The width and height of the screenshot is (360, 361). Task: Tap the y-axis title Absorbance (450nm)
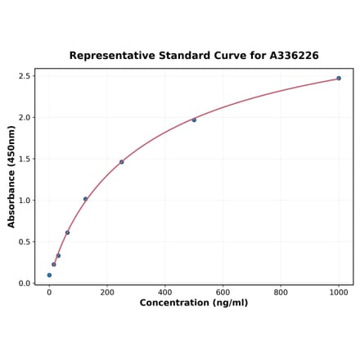(x=11, y=176)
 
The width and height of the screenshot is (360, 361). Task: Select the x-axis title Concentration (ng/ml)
(x=194, y=303)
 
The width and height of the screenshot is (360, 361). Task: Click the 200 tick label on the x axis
(x=107, y=291)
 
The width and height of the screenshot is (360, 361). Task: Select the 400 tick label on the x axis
(x=165, y=291)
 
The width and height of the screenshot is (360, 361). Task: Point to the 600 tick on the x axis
(x=223, y=291)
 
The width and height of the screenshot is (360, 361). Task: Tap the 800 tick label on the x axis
(x=281, y=291)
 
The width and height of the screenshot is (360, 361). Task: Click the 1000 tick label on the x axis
(x=339, y=291)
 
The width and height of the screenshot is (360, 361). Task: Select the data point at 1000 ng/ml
(x=339, y=79)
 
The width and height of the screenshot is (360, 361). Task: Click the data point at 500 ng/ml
(x=194, y=120)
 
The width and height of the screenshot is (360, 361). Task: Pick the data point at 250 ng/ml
(x=122, y=162)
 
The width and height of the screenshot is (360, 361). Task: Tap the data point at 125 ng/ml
(x=85, y=199)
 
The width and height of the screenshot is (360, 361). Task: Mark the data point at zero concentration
(x=49, y=275)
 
